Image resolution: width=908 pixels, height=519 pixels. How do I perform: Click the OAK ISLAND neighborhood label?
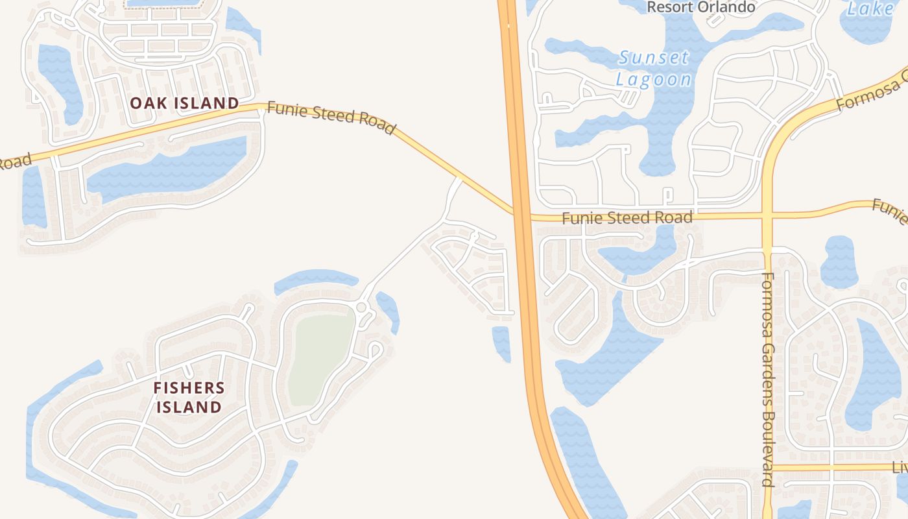[x=185, y=103]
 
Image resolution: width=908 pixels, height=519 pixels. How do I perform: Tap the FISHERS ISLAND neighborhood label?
[x=189, y=398]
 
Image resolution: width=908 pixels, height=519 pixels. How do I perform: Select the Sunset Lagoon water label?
[x=654, y=68]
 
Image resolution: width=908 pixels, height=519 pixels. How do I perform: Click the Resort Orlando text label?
[x=701, y=8]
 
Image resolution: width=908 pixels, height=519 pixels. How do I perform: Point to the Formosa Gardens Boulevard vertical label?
[x=768, y=380]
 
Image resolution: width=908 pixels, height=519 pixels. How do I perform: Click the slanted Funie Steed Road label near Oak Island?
[x=331, y=117]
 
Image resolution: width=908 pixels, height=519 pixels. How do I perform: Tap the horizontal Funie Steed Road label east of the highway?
[x=627, y=218]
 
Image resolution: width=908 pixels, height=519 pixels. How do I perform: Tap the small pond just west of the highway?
[x=501, y=343]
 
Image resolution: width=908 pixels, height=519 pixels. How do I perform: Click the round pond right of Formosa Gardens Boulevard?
[x=839, y=261]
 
